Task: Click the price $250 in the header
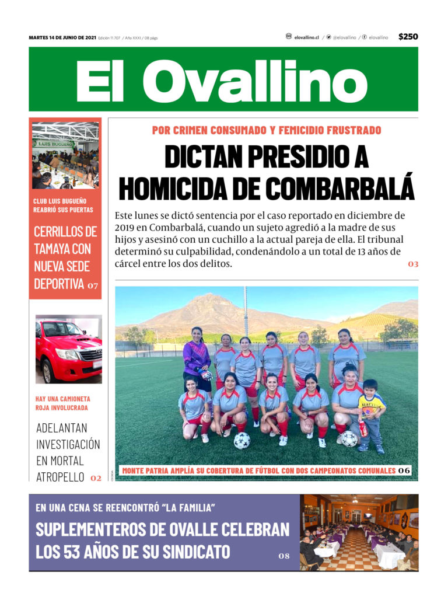(408, 37)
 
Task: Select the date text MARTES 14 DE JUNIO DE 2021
(62, 38)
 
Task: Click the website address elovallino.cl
(307, 37)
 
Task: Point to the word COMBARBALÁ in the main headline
(332, 187)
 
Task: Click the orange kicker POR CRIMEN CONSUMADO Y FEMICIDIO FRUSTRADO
(266, 130)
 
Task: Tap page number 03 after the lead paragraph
(413, 264)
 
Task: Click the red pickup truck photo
(68, 350)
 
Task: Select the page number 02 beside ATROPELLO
(96, 478)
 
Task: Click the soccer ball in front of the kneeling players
(242, 440)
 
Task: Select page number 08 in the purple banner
(283, 556)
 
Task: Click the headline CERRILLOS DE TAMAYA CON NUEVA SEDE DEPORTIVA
(65, 257)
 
